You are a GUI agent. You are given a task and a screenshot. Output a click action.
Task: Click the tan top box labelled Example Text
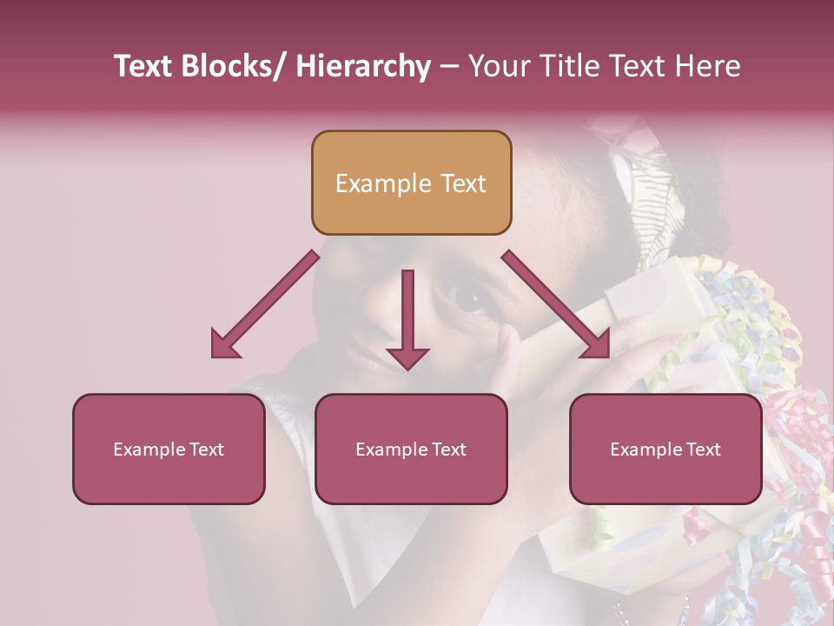click(x=411, y=183)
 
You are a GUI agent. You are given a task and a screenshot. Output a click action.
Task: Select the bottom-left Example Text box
click(x=169, y=449)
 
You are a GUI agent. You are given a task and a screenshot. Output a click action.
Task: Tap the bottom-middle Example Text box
click(x=411, y=449)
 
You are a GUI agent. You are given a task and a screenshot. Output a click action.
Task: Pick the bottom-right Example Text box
click(x=665, y=449)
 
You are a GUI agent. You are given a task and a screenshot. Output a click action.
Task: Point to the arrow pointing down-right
click(x=556, y=305)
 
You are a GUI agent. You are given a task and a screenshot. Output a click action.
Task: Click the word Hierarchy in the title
click(x=363, y=66)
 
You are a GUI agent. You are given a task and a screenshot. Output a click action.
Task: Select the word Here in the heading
click(x=709, y=66)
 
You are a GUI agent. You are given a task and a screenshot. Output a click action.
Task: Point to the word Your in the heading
click(x=496, y=66)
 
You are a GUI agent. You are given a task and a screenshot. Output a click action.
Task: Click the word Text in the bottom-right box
click(x=701, y=449)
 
